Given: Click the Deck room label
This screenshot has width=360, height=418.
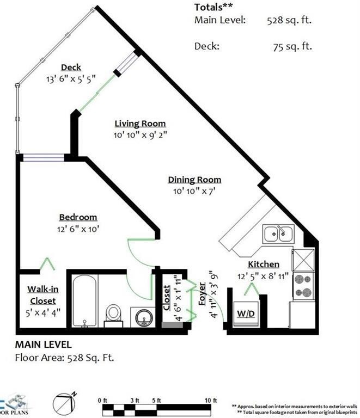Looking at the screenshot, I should click(71, 67).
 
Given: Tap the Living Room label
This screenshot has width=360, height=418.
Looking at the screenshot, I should click(140, 124).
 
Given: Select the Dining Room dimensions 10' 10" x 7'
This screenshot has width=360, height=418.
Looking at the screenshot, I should click(194, 190).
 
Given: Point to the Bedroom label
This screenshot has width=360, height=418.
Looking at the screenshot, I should click(78, 217).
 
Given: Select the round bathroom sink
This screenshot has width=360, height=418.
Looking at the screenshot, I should click(143, 316).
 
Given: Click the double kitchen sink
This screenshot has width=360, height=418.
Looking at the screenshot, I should click(278, 234).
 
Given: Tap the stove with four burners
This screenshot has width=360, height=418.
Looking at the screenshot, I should click(302, 285).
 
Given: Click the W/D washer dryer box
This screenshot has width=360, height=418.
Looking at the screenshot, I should click(243, 315).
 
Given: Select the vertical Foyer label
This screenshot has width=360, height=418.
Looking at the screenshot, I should click(202, 293).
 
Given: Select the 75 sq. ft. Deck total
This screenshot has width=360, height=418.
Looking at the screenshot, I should click(292, 46).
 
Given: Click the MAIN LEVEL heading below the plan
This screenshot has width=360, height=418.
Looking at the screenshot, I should click(43, 345).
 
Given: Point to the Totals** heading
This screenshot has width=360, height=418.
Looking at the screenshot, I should click(213, 7).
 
